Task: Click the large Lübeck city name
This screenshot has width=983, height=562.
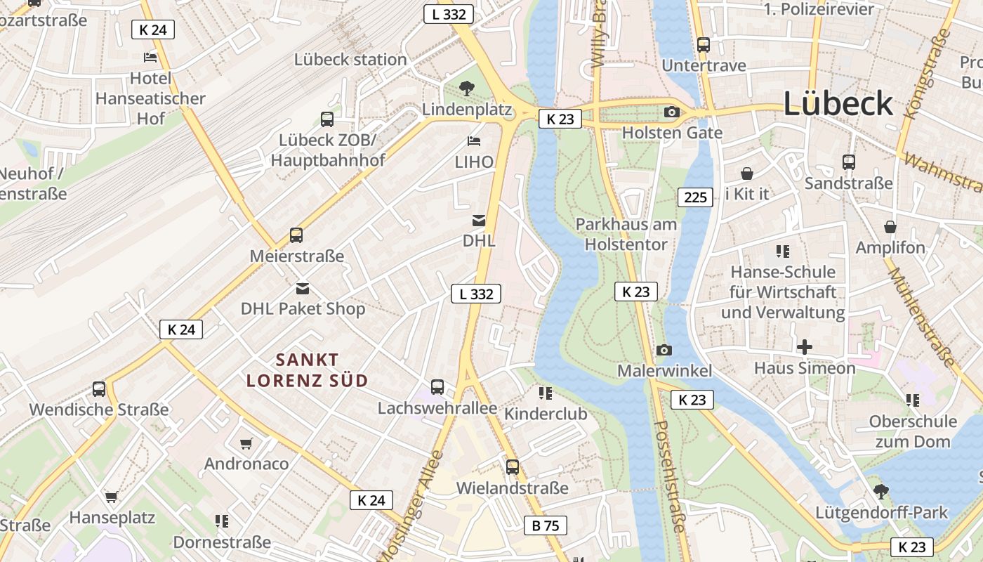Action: pyautogui.click(x=838, y=104)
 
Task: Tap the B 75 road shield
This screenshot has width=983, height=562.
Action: pyautogui.click(x=545, y=525)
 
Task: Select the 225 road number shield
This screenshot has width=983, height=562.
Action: pyautogui.click(x=695, y=197)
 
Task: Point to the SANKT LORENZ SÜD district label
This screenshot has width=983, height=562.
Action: pyautogui.click(x=307, y=370)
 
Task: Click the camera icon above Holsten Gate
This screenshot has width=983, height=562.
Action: pyautogui.click(x=671, y=112)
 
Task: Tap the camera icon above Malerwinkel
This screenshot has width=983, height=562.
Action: pyautogui.click(x=664, y=350)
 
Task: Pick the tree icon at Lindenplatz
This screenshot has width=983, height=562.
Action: pyautogui.click(x=466, y=89)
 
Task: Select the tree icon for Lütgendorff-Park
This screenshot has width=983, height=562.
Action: pyautogui.click(x=880, y=491)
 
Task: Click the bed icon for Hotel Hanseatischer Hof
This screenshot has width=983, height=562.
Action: pyautogui.click(x=150, y=58)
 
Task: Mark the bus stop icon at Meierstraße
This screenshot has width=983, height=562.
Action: pyautogui.click(x=296, y=235)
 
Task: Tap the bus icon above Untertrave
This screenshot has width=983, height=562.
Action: pyautogui.click(x=704, y=45)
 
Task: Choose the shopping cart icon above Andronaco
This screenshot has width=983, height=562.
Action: pyautogui.click(x=246, y=443)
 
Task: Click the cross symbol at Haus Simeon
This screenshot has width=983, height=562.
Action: pyautogui.click(x=805, y=347)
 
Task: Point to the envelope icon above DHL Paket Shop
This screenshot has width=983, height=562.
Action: pyautogui.click(x=303, y=288)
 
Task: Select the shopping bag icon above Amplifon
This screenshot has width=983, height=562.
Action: pyautogui.click(x=890, y=227)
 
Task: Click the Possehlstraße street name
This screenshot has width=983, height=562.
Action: pyautogui.click(x=671, y=485)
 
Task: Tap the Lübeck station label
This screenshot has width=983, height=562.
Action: pyautogui.click(x=350, y=60)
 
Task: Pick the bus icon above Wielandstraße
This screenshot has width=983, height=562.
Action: pyautogui.click(x=513, y=467)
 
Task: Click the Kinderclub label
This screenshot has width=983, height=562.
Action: pyautogui.click(x=546, y=414)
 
